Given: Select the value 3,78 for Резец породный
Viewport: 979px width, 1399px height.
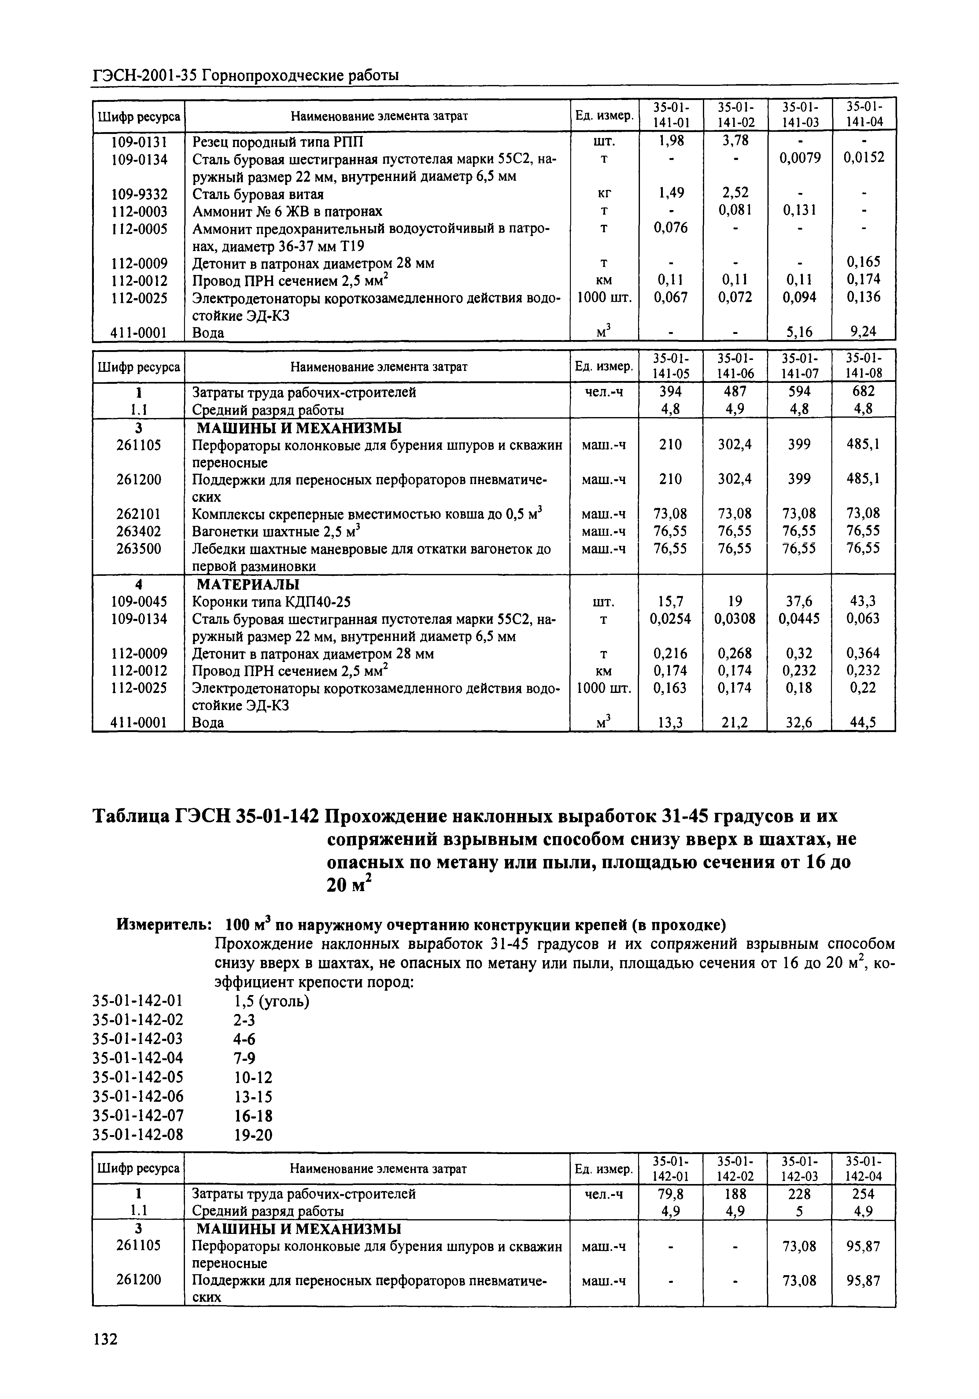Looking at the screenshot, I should tap(735, 141).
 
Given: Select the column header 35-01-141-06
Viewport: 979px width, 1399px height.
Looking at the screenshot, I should tap(735, 366).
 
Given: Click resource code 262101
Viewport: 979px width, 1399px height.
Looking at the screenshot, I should tap(139, 514).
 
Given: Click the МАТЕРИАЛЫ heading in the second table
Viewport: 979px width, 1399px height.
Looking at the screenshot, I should tap(247, 584).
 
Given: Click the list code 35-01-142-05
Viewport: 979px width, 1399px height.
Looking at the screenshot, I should tap(138, 1077).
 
